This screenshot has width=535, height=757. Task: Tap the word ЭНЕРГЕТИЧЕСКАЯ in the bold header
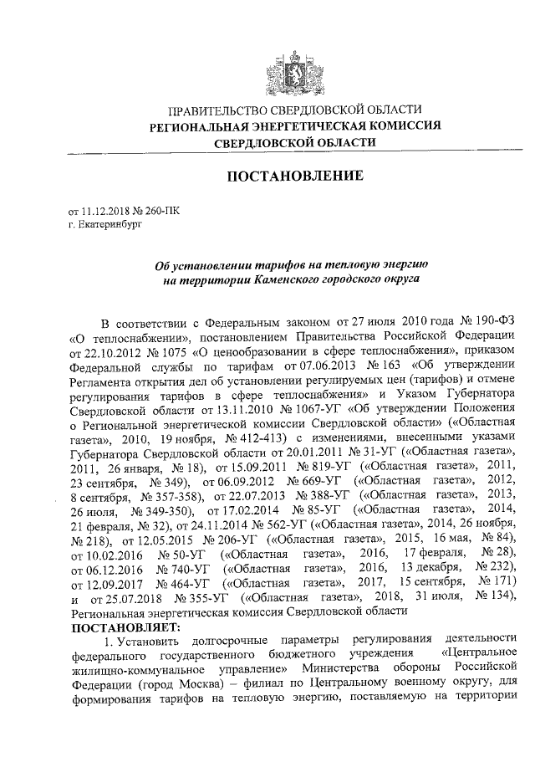tap(299, 127)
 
